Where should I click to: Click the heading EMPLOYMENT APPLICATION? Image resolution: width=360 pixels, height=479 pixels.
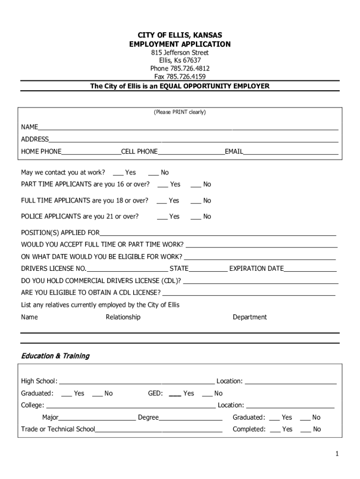pyautogui.click(x=180, y=44)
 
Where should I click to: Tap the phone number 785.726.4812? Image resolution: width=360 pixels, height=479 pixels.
pyautogui.click(x=180, y=68)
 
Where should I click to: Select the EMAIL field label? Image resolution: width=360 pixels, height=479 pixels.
pyautogui.click(x=234, y=152)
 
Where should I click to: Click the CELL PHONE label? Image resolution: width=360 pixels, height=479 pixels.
pyautogui.click(x=139, y=152)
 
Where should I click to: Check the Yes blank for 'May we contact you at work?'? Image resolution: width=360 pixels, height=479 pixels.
pyautogui.click(x=118, y=173)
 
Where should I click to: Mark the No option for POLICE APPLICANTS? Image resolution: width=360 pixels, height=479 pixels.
pyautogui.click(x=196, y=217)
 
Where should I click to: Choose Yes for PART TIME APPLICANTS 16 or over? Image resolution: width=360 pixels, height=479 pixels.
pyautogui.click(x=163, y=184)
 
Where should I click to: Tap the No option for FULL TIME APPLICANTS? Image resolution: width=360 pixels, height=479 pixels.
pyautogui.click(x=196, y=201)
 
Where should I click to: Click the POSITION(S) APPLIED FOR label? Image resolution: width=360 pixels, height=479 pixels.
pyautogui.click(x=60, y=232)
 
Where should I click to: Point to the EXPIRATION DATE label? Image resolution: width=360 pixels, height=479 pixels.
pyautogui.click(x=256, y=269)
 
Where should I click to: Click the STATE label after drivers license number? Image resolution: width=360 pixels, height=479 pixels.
pyautogui.click(x=179, y=269)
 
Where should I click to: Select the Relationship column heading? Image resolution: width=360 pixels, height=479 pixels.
pyautogui.click(x=123, y=317)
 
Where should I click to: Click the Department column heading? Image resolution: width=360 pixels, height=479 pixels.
pyautogui.click(x=250, y=317)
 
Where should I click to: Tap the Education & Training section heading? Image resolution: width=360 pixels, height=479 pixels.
pyautogui.click(x=55, y=356)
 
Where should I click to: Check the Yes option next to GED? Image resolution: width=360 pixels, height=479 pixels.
pyautogui.click(x=175, y=393)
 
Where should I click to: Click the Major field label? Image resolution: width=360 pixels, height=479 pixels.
pyautogui.click(x=50, y=417)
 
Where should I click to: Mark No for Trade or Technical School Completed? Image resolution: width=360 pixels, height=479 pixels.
pyautogui.click(x=305, y=429)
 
